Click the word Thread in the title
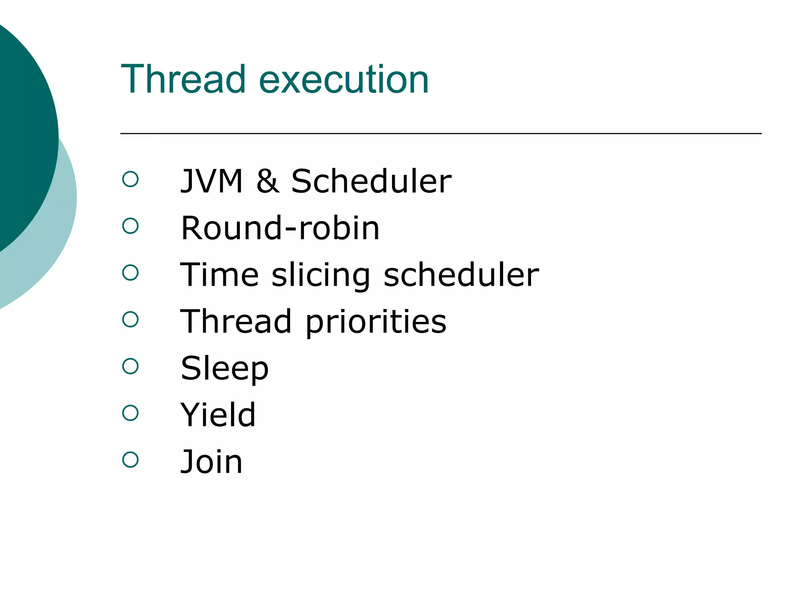coord(183,79)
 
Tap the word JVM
coord(211,181)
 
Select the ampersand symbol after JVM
coord(268,181)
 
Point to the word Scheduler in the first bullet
coord(371,181)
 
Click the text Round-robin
coord(280,228)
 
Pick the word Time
coord(219,275)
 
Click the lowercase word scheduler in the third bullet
coord(461,275)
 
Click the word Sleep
coord(224,369)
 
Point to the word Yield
coord(218,415)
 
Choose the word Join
coord(211,462)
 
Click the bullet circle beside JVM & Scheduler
coord(130,179)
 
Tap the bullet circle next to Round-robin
coord(130,226)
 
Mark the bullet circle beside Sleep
coord(130,366)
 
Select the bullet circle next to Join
coord(130,460)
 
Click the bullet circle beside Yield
coord(130,413)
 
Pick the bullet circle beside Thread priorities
coord(130,319)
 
